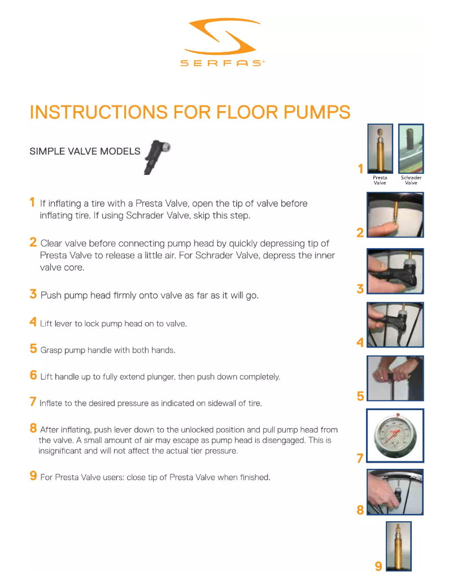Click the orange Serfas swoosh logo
221,37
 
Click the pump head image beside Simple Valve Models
157,157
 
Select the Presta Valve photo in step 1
380,148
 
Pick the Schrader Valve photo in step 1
411,148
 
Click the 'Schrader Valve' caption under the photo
411,180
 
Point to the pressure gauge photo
395,436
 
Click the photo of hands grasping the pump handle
395,379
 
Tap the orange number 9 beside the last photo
378,566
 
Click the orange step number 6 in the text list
33,375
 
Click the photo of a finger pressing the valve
395,215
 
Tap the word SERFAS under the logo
222,63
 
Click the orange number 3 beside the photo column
360,289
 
